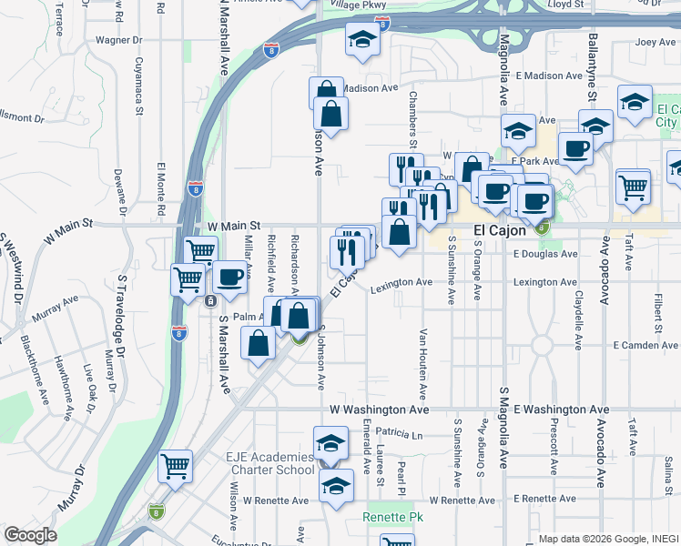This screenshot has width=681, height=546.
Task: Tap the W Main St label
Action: [x=234, y=225]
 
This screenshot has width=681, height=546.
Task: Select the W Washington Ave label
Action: [x=379, y=410]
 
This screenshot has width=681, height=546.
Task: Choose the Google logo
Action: [x=30, y=535]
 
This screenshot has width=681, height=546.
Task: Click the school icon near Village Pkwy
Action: [x=362, y=40]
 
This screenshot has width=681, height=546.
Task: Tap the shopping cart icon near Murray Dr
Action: [x=175, y=466]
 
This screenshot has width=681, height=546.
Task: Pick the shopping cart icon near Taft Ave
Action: [x=633, y=187]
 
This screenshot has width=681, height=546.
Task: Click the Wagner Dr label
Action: [x=119, y=40]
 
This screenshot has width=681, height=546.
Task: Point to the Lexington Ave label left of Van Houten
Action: [x=401, y=282]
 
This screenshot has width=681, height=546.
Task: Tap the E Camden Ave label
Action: [x=645, y=346]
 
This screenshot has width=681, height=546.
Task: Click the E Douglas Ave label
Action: [x=545, y=255]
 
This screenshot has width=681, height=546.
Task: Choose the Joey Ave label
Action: [x=656, y=42]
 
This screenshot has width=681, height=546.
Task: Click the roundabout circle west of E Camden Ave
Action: [x=543, y=346]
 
